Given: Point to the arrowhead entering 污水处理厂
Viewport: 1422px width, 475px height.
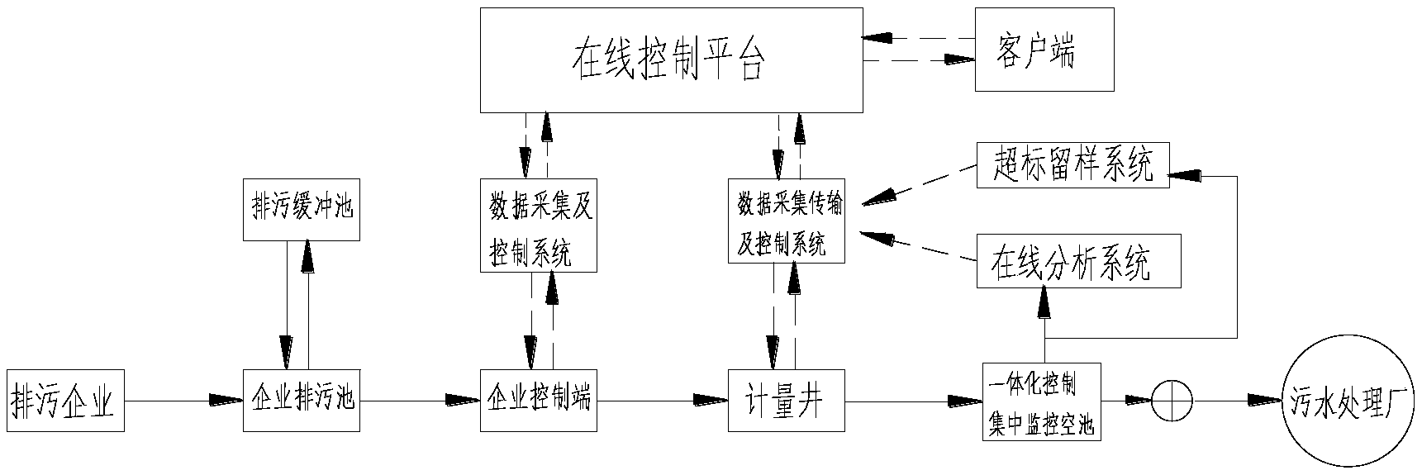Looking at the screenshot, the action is point(1264,401).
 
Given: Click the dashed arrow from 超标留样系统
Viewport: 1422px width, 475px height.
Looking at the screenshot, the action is point(917,184).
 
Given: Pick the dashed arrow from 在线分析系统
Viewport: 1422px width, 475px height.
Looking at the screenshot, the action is point(917,248).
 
